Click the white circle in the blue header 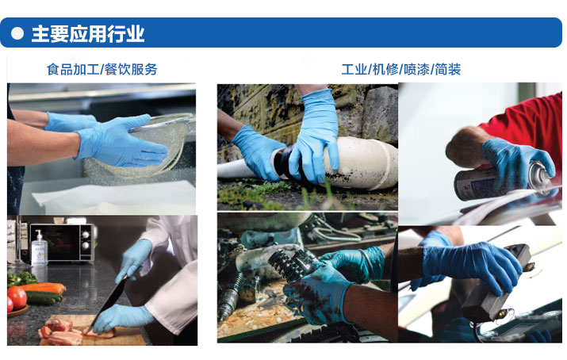pyautogui.click(x=17, y=33)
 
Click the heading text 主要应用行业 pyautogui.click(x=88, y=34)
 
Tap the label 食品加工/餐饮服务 pyautogui.click(x=102, y=69)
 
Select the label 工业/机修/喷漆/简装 pyautogui.click(x=401, y=69)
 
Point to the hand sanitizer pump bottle pyautogui.click(x=39, y=248)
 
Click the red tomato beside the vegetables pyautogui.click(x=17, y=297)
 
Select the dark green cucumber pyautogui.click(x=44, y=298)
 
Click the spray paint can pyautogui.click(x=504, y=180)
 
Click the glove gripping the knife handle pyautogui.click(x=135, y=260)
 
